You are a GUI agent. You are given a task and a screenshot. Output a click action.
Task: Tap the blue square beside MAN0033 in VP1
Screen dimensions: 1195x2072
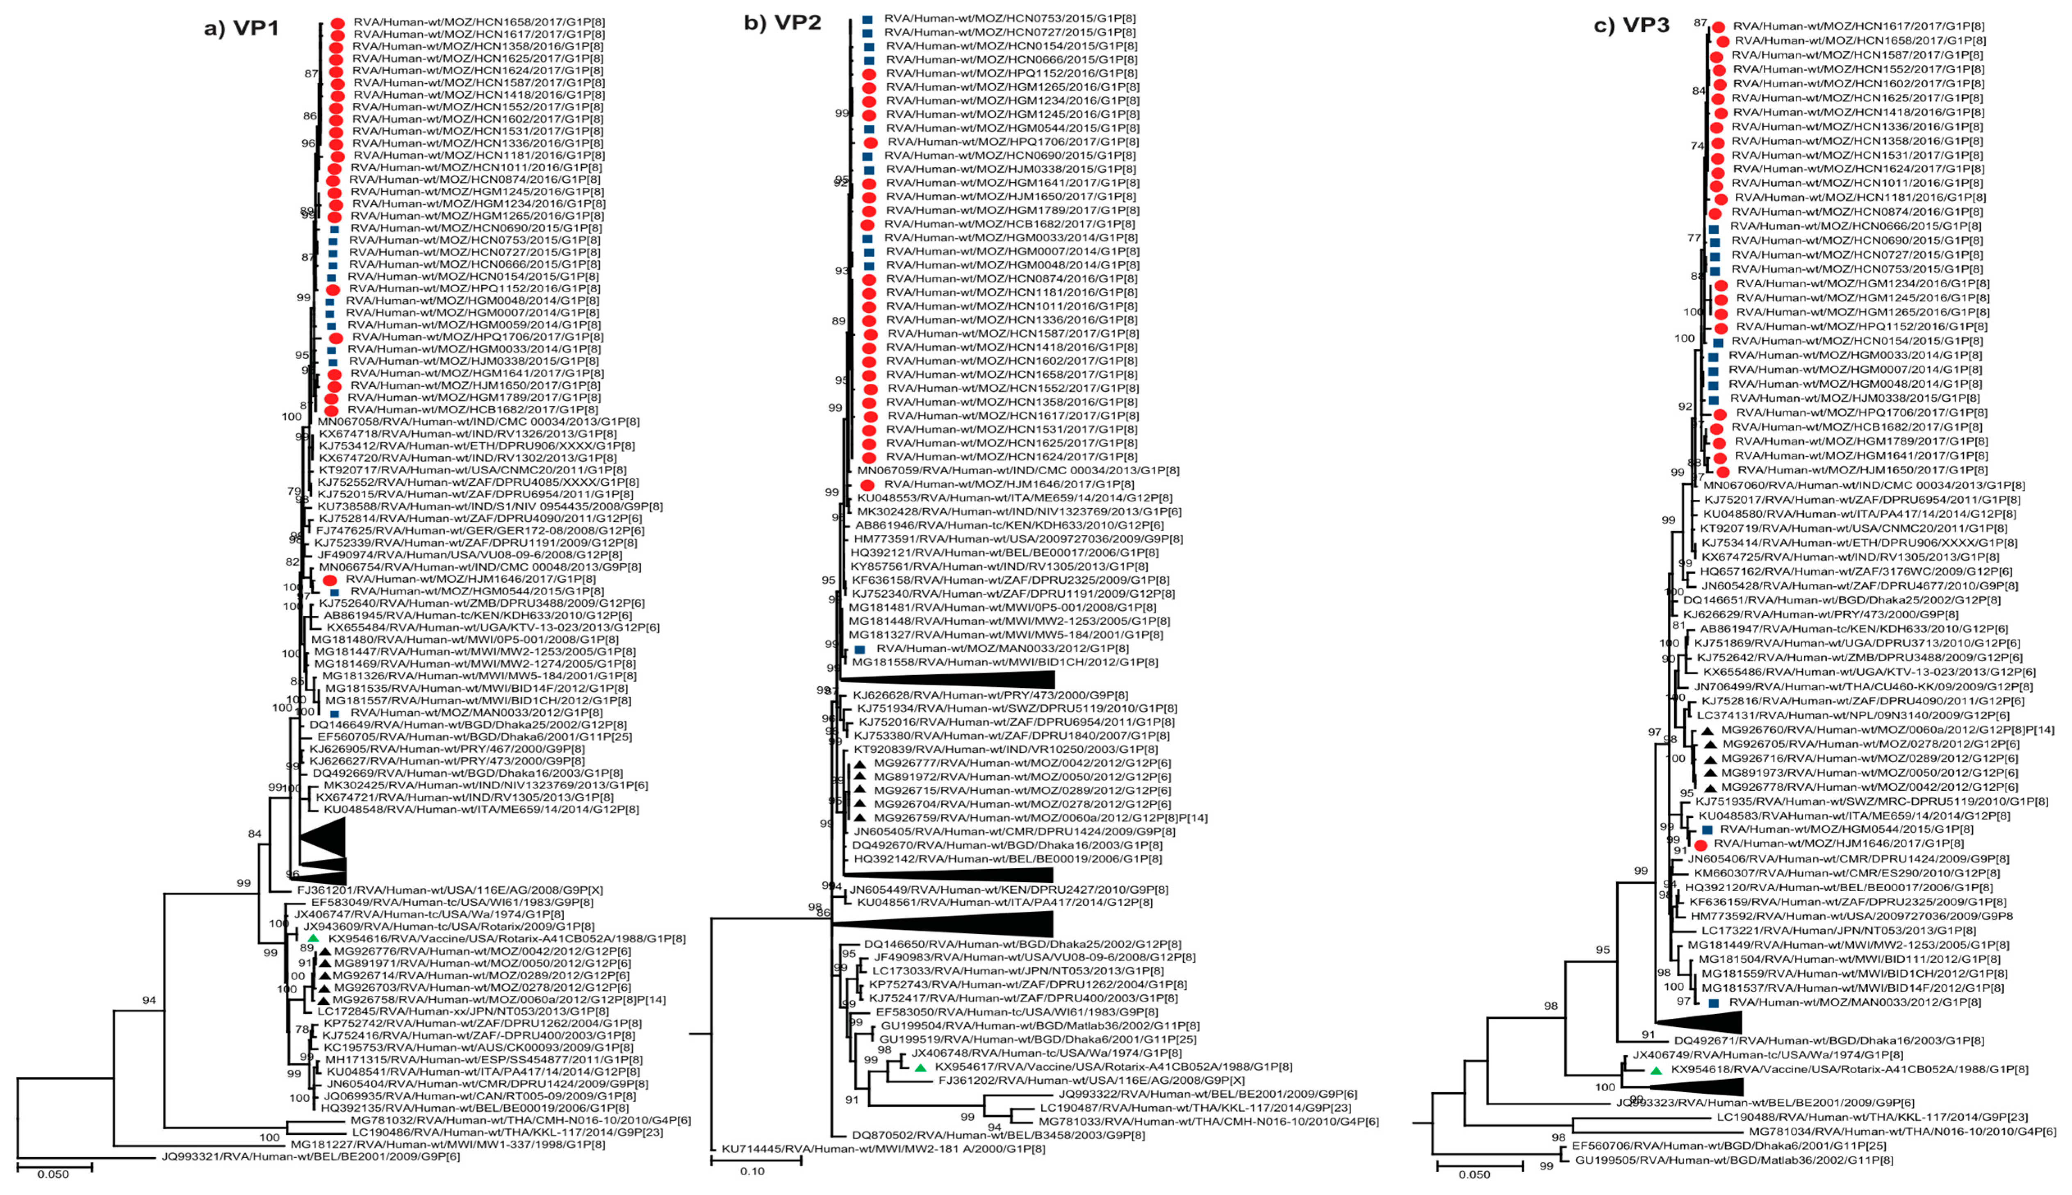point(334,714)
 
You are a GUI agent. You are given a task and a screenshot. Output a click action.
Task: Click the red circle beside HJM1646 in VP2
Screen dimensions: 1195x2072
point(868,485)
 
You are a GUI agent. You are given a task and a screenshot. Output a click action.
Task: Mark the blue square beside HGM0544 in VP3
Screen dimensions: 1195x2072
point(1707,830)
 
